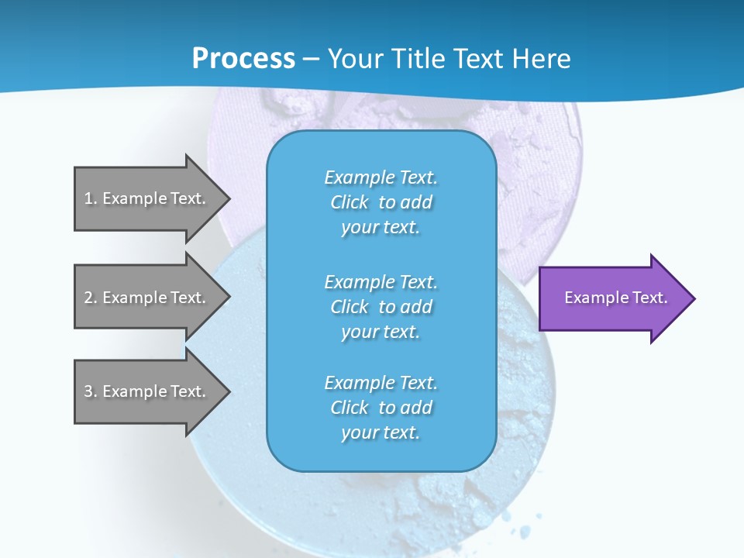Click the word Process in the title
[243, 59]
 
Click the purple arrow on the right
[612, 298]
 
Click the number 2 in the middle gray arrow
[88, 298]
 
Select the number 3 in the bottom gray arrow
[88, 391]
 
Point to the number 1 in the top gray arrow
[88, 198]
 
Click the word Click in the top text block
[350, 202]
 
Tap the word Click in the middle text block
[350, 307]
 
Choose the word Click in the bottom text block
[350, 408]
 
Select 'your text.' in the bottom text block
[381, 432]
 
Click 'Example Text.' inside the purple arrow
[615, 298]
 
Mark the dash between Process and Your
[312, 59]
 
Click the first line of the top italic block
[381, 177]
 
